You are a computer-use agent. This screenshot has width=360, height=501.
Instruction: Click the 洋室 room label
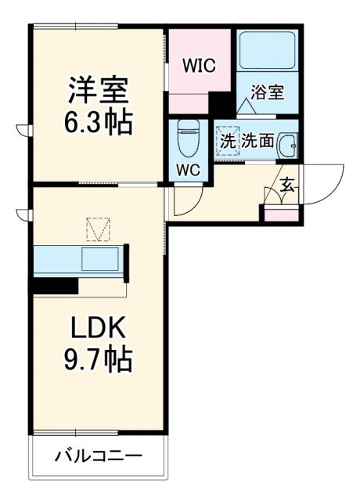click(x=97, y=88)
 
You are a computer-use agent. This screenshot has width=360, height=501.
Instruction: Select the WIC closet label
click(x=199, y=65)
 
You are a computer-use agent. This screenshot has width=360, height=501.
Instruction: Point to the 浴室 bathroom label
click(x=268, y=92)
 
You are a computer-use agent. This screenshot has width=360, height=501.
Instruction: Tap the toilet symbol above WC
click(x=189, y=138)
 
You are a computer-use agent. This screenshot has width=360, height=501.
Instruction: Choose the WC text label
click(x=189, y=170)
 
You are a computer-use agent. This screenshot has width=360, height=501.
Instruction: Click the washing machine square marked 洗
click(x=228, y=142)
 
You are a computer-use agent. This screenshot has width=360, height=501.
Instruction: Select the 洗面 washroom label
click(x=257, y=142)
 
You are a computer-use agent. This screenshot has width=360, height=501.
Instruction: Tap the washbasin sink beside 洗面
click(x=287, y=145)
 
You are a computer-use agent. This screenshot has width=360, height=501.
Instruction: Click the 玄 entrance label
click(x=286, y=186)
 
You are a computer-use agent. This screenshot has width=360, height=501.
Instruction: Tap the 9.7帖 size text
click(x=97, y=360)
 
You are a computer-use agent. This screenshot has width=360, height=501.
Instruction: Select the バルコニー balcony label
click(x=98, y=456)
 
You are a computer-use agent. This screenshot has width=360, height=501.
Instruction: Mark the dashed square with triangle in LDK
click(x=99, y=230)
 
